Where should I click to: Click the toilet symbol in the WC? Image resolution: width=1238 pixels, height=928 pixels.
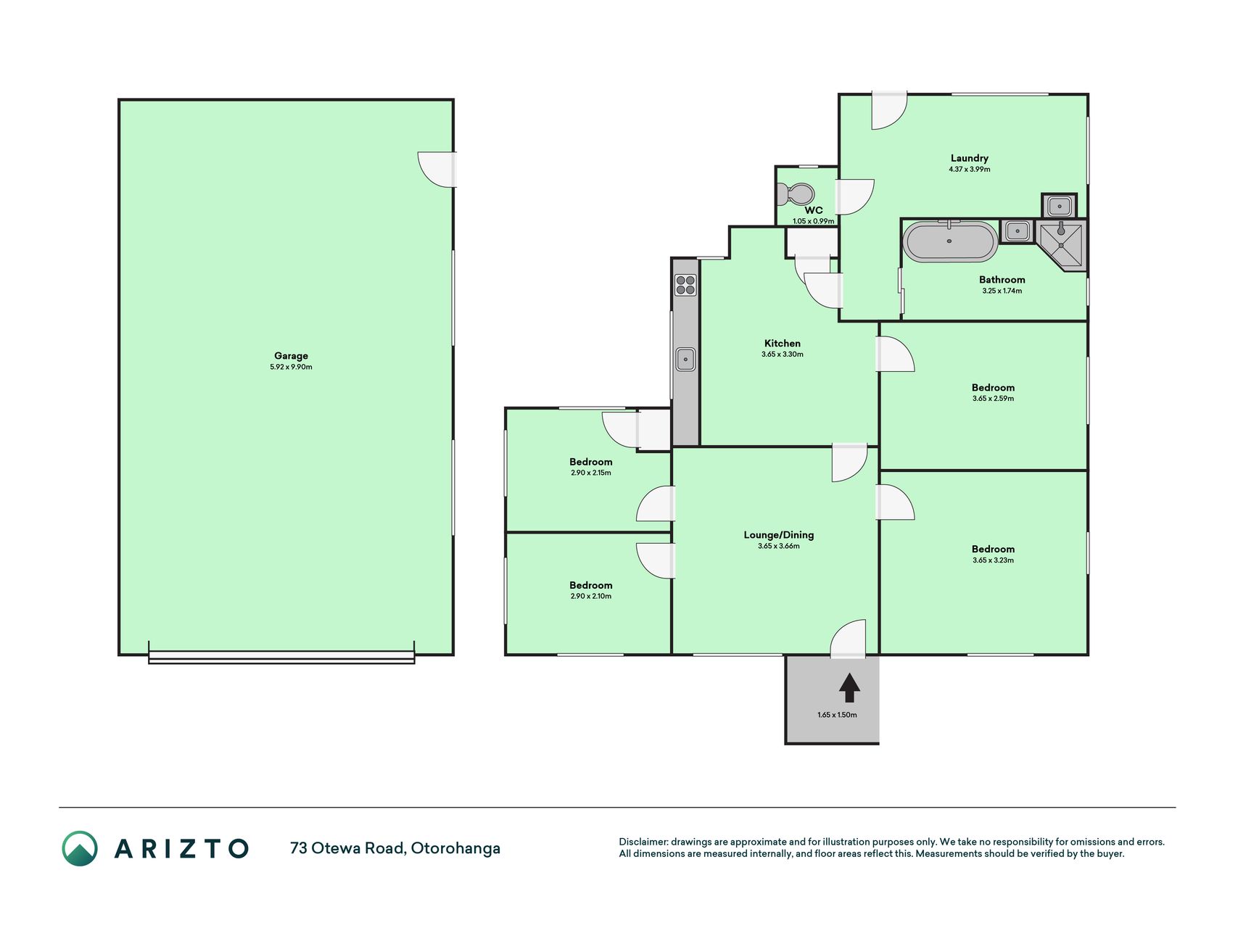[795, 194]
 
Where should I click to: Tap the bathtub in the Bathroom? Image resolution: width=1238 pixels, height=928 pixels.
[949, 241]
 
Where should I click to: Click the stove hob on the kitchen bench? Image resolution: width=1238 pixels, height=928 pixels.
[685, 285]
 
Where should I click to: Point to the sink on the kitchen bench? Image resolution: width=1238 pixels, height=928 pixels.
[685, 359]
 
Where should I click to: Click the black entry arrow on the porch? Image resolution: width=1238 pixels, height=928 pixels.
[849, 687]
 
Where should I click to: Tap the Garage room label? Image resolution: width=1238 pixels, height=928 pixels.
[291, 356]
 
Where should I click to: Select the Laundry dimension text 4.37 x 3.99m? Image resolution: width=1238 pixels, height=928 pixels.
[969, 169]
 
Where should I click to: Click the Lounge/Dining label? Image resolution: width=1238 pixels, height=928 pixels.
[779, 535]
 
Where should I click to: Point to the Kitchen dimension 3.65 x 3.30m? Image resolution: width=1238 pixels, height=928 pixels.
[782, 355]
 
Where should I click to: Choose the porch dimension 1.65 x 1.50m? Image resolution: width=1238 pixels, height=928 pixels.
[837, 715]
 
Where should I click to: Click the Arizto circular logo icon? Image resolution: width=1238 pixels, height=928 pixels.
[80, 848]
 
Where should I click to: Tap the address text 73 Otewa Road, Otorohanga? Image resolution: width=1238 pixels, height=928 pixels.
[395, 848]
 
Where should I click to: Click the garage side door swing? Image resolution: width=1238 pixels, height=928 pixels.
[437, 169]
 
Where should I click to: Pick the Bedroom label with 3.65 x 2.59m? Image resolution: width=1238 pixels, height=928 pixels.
[993, 388]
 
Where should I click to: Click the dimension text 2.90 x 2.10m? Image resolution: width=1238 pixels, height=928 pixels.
[590, 596]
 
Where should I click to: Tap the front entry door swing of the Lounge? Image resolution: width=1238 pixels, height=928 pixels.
[848, 639]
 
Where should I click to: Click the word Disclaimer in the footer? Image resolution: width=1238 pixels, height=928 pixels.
[643, 842]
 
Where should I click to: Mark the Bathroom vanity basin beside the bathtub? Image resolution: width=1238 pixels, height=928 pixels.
[1017, 231]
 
